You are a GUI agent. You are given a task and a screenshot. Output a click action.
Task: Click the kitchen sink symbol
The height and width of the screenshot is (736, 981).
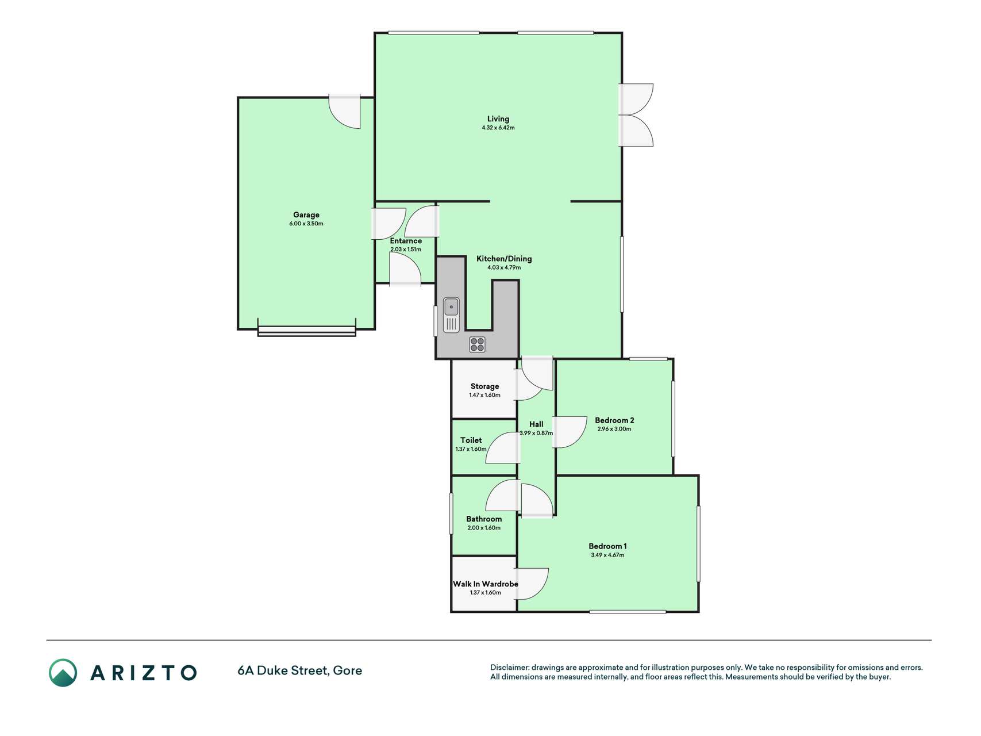tap(451, 315)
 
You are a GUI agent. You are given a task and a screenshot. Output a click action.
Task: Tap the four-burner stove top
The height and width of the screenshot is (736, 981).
tap(477, 344)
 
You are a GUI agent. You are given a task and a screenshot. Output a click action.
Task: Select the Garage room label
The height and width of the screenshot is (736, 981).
tap(306, 215)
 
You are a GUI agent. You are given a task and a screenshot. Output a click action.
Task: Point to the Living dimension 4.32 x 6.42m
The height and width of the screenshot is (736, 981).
tap(498, 128)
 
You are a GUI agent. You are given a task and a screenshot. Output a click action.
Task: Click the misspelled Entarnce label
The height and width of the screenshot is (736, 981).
tap(406, 241)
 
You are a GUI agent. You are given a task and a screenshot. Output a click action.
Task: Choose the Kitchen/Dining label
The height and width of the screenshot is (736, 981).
tap(504, 259)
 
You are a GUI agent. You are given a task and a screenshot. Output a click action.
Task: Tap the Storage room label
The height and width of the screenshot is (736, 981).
tap(484, 386)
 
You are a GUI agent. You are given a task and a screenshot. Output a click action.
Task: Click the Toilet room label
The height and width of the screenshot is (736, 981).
tap(471, 440)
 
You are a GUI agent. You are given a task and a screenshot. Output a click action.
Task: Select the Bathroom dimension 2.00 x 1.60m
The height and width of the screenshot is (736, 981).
tap(484, 528)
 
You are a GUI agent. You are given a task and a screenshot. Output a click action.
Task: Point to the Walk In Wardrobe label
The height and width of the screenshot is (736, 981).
tap(486, 584)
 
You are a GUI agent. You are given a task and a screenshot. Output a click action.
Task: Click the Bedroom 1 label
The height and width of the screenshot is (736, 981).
tap(607, 546)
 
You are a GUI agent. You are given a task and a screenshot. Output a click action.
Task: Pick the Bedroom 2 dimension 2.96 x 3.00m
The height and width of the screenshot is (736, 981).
tap(614, 429)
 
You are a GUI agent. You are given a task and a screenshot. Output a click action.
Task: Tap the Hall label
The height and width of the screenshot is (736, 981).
tap(536, 424)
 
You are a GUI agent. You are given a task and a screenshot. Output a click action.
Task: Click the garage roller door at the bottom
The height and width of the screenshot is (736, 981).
tap(306, 331)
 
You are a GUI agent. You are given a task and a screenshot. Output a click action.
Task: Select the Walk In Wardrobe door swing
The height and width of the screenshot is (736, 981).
tap(533, 584)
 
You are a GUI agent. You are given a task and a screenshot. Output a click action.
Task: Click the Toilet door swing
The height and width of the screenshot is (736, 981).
tap(503, 448)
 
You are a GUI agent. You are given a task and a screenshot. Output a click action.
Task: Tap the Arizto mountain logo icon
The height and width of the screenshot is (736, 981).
tap(63, 673)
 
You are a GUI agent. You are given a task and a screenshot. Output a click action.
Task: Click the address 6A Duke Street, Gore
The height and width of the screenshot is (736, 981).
tap(299, 670)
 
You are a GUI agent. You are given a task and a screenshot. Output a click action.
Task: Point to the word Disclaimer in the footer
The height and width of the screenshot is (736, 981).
tap(509, 668)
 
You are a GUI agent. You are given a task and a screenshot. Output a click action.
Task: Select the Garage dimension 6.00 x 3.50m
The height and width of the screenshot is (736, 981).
tap(306, 224)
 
